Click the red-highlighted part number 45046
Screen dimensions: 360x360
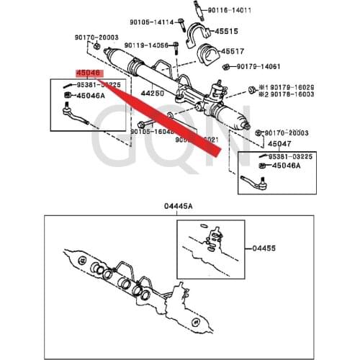(x=89, y=73)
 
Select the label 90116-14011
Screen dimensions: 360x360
(x=230, y=10)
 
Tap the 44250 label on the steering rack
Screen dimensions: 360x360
(x=152, y=94)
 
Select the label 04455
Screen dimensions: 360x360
(x=264, y=248)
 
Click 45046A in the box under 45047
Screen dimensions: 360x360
(x=289, y=166)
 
